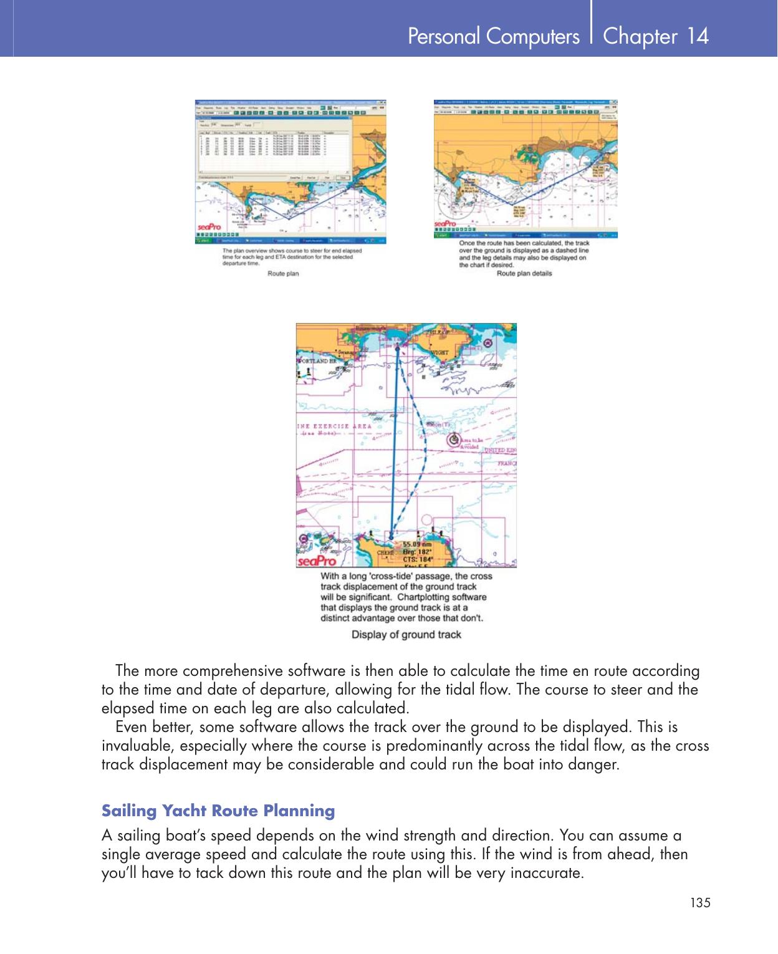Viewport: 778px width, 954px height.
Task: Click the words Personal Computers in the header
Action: (x=493, y=37)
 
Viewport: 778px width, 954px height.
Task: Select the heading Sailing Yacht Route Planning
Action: (x=218, y=811)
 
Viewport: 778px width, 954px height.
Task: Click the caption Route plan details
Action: (x=524, y=273)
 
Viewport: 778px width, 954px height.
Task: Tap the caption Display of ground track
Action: (x=406, y=635)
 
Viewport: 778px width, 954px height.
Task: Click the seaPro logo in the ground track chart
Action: (x=316, y=561)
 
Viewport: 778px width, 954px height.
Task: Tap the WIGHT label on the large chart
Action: (x=439, y=353)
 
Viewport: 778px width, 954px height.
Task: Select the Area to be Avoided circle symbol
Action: (x=454, y=439)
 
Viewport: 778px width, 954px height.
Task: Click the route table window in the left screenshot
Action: (x=273, y=147)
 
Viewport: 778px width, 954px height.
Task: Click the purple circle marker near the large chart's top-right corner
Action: (x=487, y=343)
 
